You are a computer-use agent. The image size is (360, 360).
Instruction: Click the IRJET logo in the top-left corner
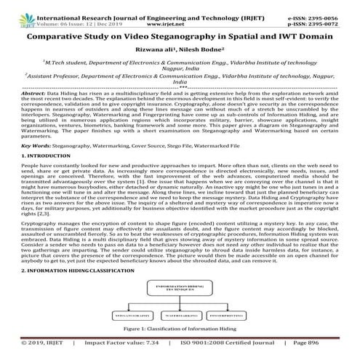[x=12, y=10]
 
